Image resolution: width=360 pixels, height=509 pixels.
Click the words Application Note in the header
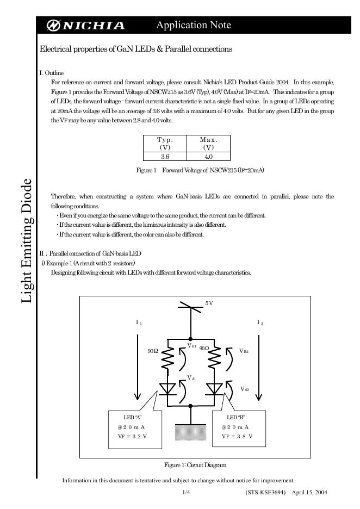(193, 25)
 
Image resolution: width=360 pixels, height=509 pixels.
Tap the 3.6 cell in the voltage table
(164, 156)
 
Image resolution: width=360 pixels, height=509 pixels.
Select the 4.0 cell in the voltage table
(208, 156)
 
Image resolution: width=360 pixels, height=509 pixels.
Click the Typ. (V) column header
(164, 144)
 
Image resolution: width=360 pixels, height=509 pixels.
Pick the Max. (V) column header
(208, 144)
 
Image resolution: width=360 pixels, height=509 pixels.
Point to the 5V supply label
(209, 303)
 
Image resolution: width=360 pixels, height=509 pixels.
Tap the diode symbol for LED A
(168, 388)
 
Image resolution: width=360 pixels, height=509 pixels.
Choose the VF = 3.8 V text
(237, 437)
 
